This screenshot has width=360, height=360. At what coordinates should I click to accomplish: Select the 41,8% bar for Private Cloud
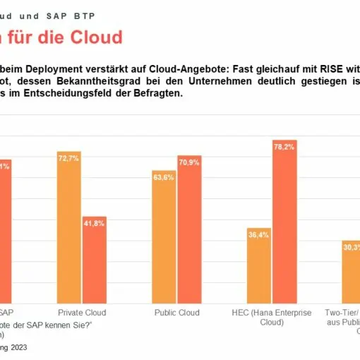click(94, 258)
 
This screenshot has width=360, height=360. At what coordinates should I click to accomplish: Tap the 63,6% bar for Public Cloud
click(164, 236)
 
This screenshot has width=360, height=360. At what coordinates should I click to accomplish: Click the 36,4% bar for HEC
click(259, 265)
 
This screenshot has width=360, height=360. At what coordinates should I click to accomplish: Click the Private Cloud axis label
click(81, 312)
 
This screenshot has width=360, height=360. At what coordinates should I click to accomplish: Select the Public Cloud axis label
click(176, 312)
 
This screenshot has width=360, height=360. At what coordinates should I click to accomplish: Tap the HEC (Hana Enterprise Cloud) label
click(272, 317)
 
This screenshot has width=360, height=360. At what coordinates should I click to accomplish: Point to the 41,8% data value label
click(94, 223)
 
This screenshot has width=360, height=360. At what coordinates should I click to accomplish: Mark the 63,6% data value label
click(164, 177)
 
